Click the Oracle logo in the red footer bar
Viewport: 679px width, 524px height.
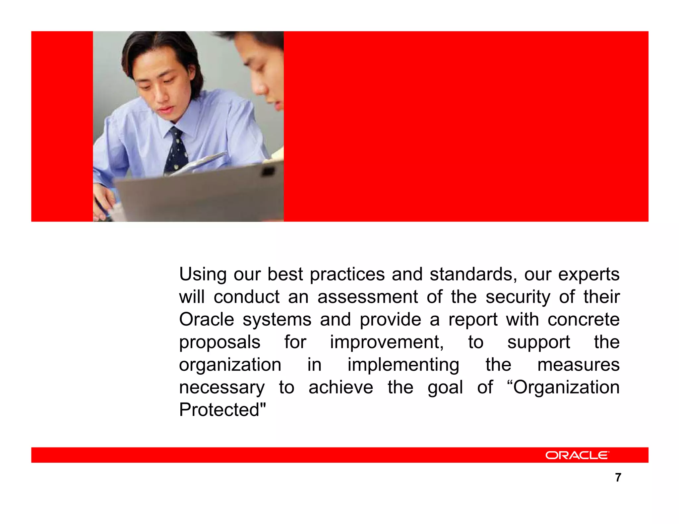[x=577, y=455]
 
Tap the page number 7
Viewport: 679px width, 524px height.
[x=618, y=477]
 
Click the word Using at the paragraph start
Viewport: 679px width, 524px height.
[x=203, y=275]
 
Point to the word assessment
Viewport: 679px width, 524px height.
[x=367, y=297]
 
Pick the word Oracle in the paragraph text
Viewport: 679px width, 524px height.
[x=207, y=319]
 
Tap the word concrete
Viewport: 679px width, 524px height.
[x=583, y=319]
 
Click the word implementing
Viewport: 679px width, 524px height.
[x=403, y=365]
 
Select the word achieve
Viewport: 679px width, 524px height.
[x=340, y=387]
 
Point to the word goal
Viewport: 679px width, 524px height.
[x=445, y=388]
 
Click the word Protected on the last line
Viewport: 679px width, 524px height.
[x=222, y=410]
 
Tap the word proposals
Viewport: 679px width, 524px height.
[x=219, y=342]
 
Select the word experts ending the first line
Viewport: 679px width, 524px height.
[x=588, y=275]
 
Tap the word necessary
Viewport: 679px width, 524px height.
[x=222, y=387]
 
